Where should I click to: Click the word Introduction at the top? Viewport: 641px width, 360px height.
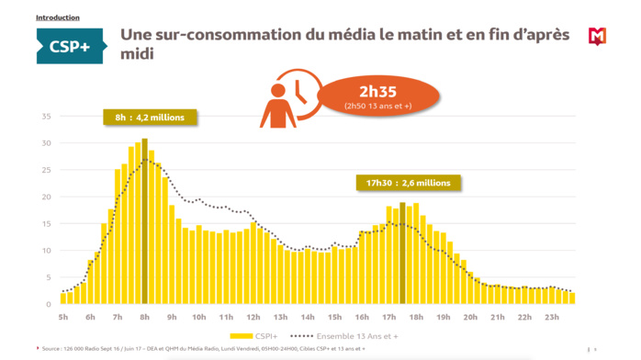57,17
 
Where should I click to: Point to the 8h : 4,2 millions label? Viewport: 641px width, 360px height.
150,118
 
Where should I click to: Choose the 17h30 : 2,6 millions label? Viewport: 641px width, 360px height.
408,183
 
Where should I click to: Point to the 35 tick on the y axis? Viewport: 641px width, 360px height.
46,117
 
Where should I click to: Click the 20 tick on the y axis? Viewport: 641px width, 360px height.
46,197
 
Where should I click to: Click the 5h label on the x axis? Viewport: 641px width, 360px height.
63,317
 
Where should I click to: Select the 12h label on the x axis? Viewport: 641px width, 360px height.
253,317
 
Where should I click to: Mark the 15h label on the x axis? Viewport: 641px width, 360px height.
334,317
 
